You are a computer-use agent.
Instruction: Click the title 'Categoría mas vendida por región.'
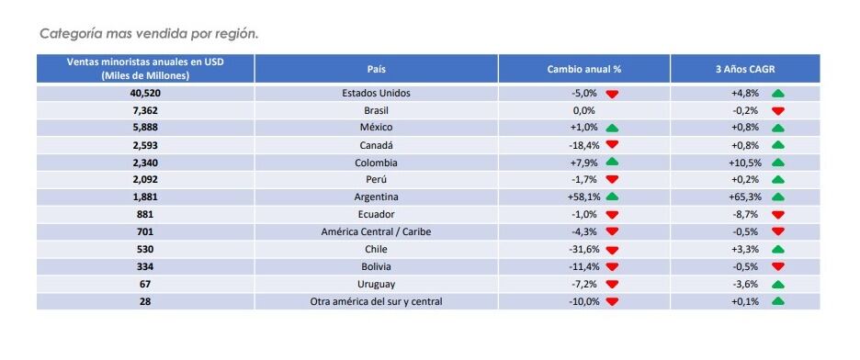[149, 33]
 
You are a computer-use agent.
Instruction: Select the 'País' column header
[376, 69]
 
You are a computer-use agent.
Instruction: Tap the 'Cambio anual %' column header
[583, 69]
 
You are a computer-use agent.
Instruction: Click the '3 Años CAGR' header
[744, 69]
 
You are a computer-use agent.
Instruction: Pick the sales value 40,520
[145, 93]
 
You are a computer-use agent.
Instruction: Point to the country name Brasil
[376, 110]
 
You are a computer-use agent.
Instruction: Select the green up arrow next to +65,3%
[777, 197]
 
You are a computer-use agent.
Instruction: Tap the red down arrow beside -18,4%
[612, 145]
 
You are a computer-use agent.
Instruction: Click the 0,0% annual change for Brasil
[583, 110]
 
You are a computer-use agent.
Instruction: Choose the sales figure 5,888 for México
[145, 128]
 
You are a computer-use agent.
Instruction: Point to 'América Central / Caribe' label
[376, 231]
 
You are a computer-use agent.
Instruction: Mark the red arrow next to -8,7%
[777, 215]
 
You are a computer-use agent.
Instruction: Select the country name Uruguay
[376, 284]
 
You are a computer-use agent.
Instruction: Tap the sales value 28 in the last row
[145, 301]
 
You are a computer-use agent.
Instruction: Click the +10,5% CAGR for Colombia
[745, 163]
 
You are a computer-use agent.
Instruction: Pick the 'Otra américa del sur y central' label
[376, 301]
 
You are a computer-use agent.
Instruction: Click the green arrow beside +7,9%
[612, 163]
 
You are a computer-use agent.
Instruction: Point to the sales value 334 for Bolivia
[145, 266]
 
